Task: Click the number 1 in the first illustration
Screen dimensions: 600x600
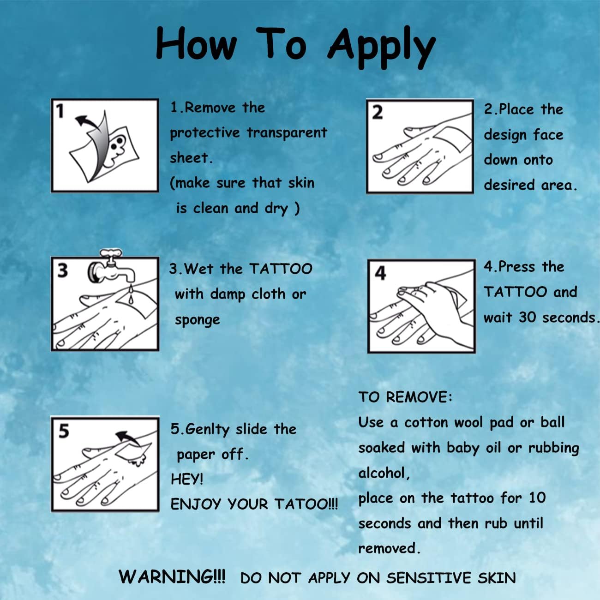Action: click(x=60, y=111)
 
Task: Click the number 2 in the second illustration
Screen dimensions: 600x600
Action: click(x=378, y=113)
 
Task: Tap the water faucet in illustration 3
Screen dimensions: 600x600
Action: click(x=112, y=268)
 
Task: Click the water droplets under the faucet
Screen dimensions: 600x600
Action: click(x=131, y=294)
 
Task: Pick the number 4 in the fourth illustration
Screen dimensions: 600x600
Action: click(x=380, y=273)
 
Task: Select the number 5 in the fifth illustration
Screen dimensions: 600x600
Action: click(x=64, y=431)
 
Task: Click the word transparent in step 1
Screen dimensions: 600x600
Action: click(x=287, y=132)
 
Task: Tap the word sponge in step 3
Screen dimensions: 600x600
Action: click(x=198, y=320)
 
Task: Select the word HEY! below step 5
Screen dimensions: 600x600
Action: click(x=187, y=479)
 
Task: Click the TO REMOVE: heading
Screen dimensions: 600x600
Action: click(x=405, y=397)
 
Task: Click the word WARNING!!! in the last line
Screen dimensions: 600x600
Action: click(x=172, y=576)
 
